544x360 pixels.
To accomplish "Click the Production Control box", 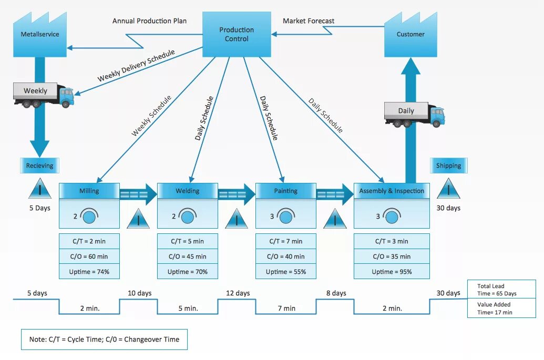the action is point(237,34).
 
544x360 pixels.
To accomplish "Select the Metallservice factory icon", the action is point(40,35).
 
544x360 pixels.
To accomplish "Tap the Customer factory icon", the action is point(410,35).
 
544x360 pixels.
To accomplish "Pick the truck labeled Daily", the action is point(414,115).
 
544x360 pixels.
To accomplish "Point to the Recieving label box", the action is point(40,166).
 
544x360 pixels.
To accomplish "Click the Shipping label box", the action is point(448,166).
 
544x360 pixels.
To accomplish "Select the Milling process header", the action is point(89,191).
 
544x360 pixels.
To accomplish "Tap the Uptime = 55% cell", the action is point(286,272).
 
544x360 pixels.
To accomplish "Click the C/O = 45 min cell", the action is point(187,256).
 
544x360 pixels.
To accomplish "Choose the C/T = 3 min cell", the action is point(392,241).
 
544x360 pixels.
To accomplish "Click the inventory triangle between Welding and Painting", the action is point(237,219).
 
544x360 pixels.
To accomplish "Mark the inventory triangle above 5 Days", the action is point(40,189).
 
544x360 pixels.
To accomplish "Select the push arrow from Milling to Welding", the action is point(138,194).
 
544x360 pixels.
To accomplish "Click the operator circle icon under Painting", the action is point(286,217).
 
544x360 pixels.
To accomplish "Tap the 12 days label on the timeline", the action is point(238,293).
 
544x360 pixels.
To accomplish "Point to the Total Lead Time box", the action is point(501,289).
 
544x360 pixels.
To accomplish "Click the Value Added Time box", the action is point(501,308).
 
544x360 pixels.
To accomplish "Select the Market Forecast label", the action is point(309,21).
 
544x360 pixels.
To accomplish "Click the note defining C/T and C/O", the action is point(104,339).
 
